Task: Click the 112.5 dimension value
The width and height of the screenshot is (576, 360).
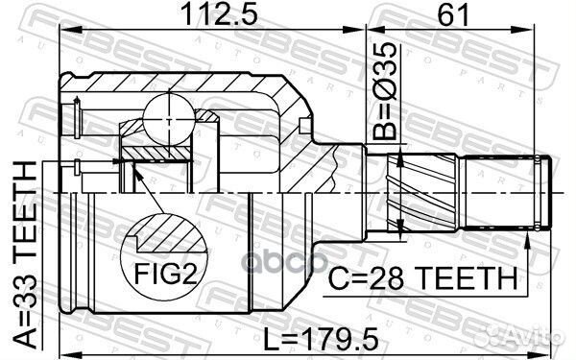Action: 219,14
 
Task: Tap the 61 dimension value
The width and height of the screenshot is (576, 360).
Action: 453,14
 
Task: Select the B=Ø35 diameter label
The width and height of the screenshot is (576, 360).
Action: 385,91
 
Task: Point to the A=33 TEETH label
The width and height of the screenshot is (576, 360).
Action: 25,255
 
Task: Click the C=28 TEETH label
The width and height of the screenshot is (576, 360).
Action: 422,278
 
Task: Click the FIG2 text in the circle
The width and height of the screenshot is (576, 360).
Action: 165,274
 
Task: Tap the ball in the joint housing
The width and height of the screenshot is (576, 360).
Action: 169,119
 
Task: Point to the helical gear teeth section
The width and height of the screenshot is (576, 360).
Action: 422,193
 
